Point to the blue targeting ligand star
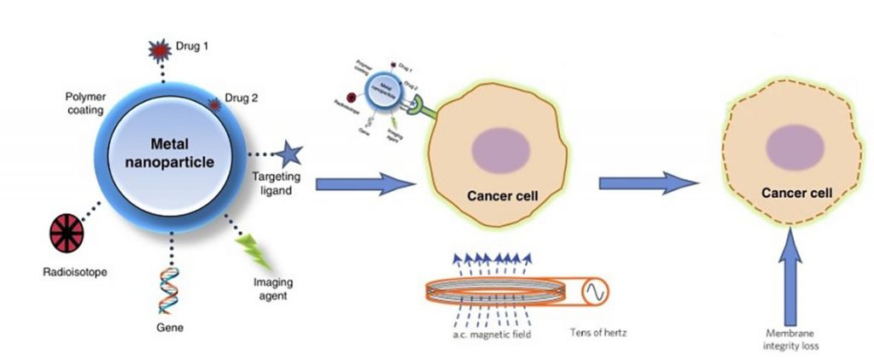288,154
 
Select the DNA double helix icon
170,288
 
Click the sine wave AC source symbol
595,293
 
